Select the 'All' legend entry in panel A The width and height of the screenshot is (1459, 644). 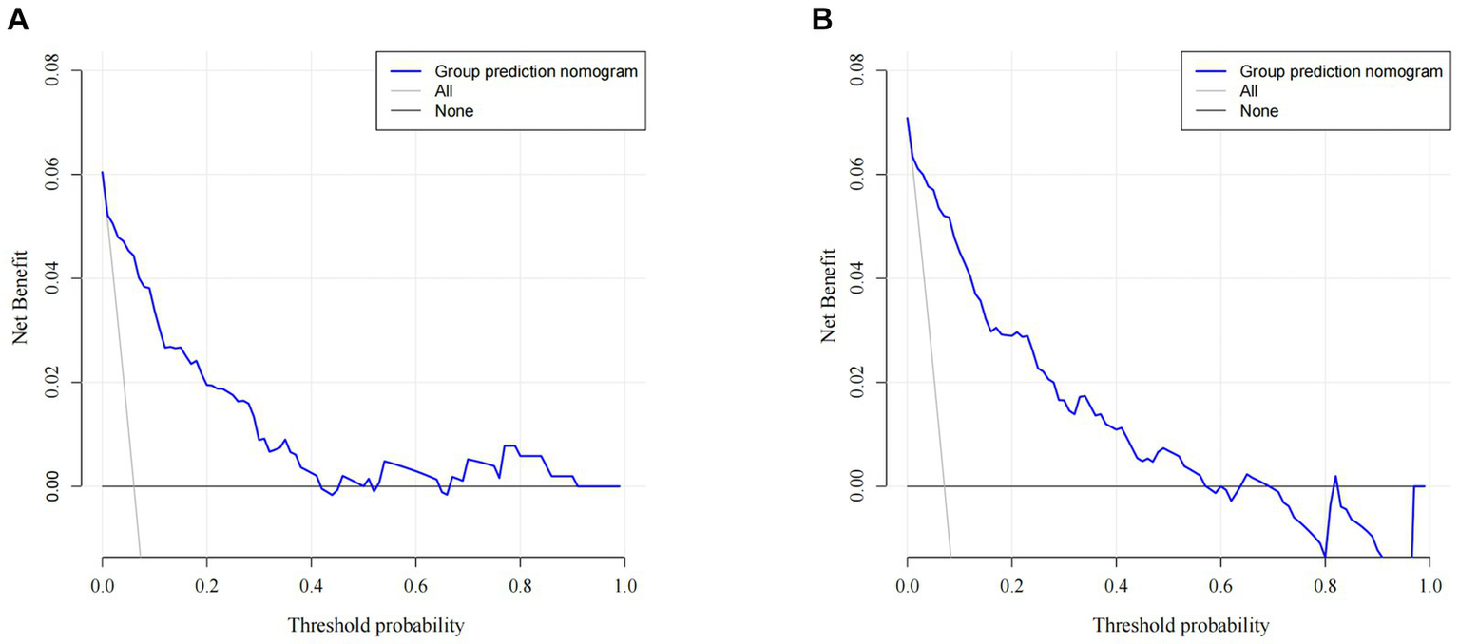pyautogui.click(x=443, y=91)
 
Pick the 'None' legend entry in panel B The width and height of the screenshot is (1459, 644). pyautogui.click(x=1258, y=111)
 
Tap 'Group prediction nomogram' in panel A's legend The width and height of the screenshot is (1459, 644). pyautogui.click(x=535, y=71)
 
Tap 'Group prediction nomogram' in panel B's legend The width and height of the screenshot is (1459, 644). pyautogui.click(x=1340, y=71)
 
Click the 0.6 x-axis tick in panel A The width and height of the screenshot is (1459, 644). pyautogui.click(x=415, y=587)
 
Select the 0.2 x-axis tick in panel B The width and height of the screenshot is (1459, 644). pyautogui.click(x=1011, y=587)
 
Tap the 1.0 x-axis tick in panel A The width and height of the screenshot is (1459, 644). pyautogui.click(x=624, y=587)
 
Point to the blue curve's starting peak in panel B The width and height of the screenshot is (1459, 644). pyautogui.click(x=908, y=119)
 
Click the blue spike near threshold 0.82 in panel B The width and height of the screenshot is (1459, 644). pyautogui.click(x=1335, y=477)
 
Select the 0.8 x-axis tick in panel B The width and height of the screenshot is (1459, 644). pyautogui.click(x=1324, y=587)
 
